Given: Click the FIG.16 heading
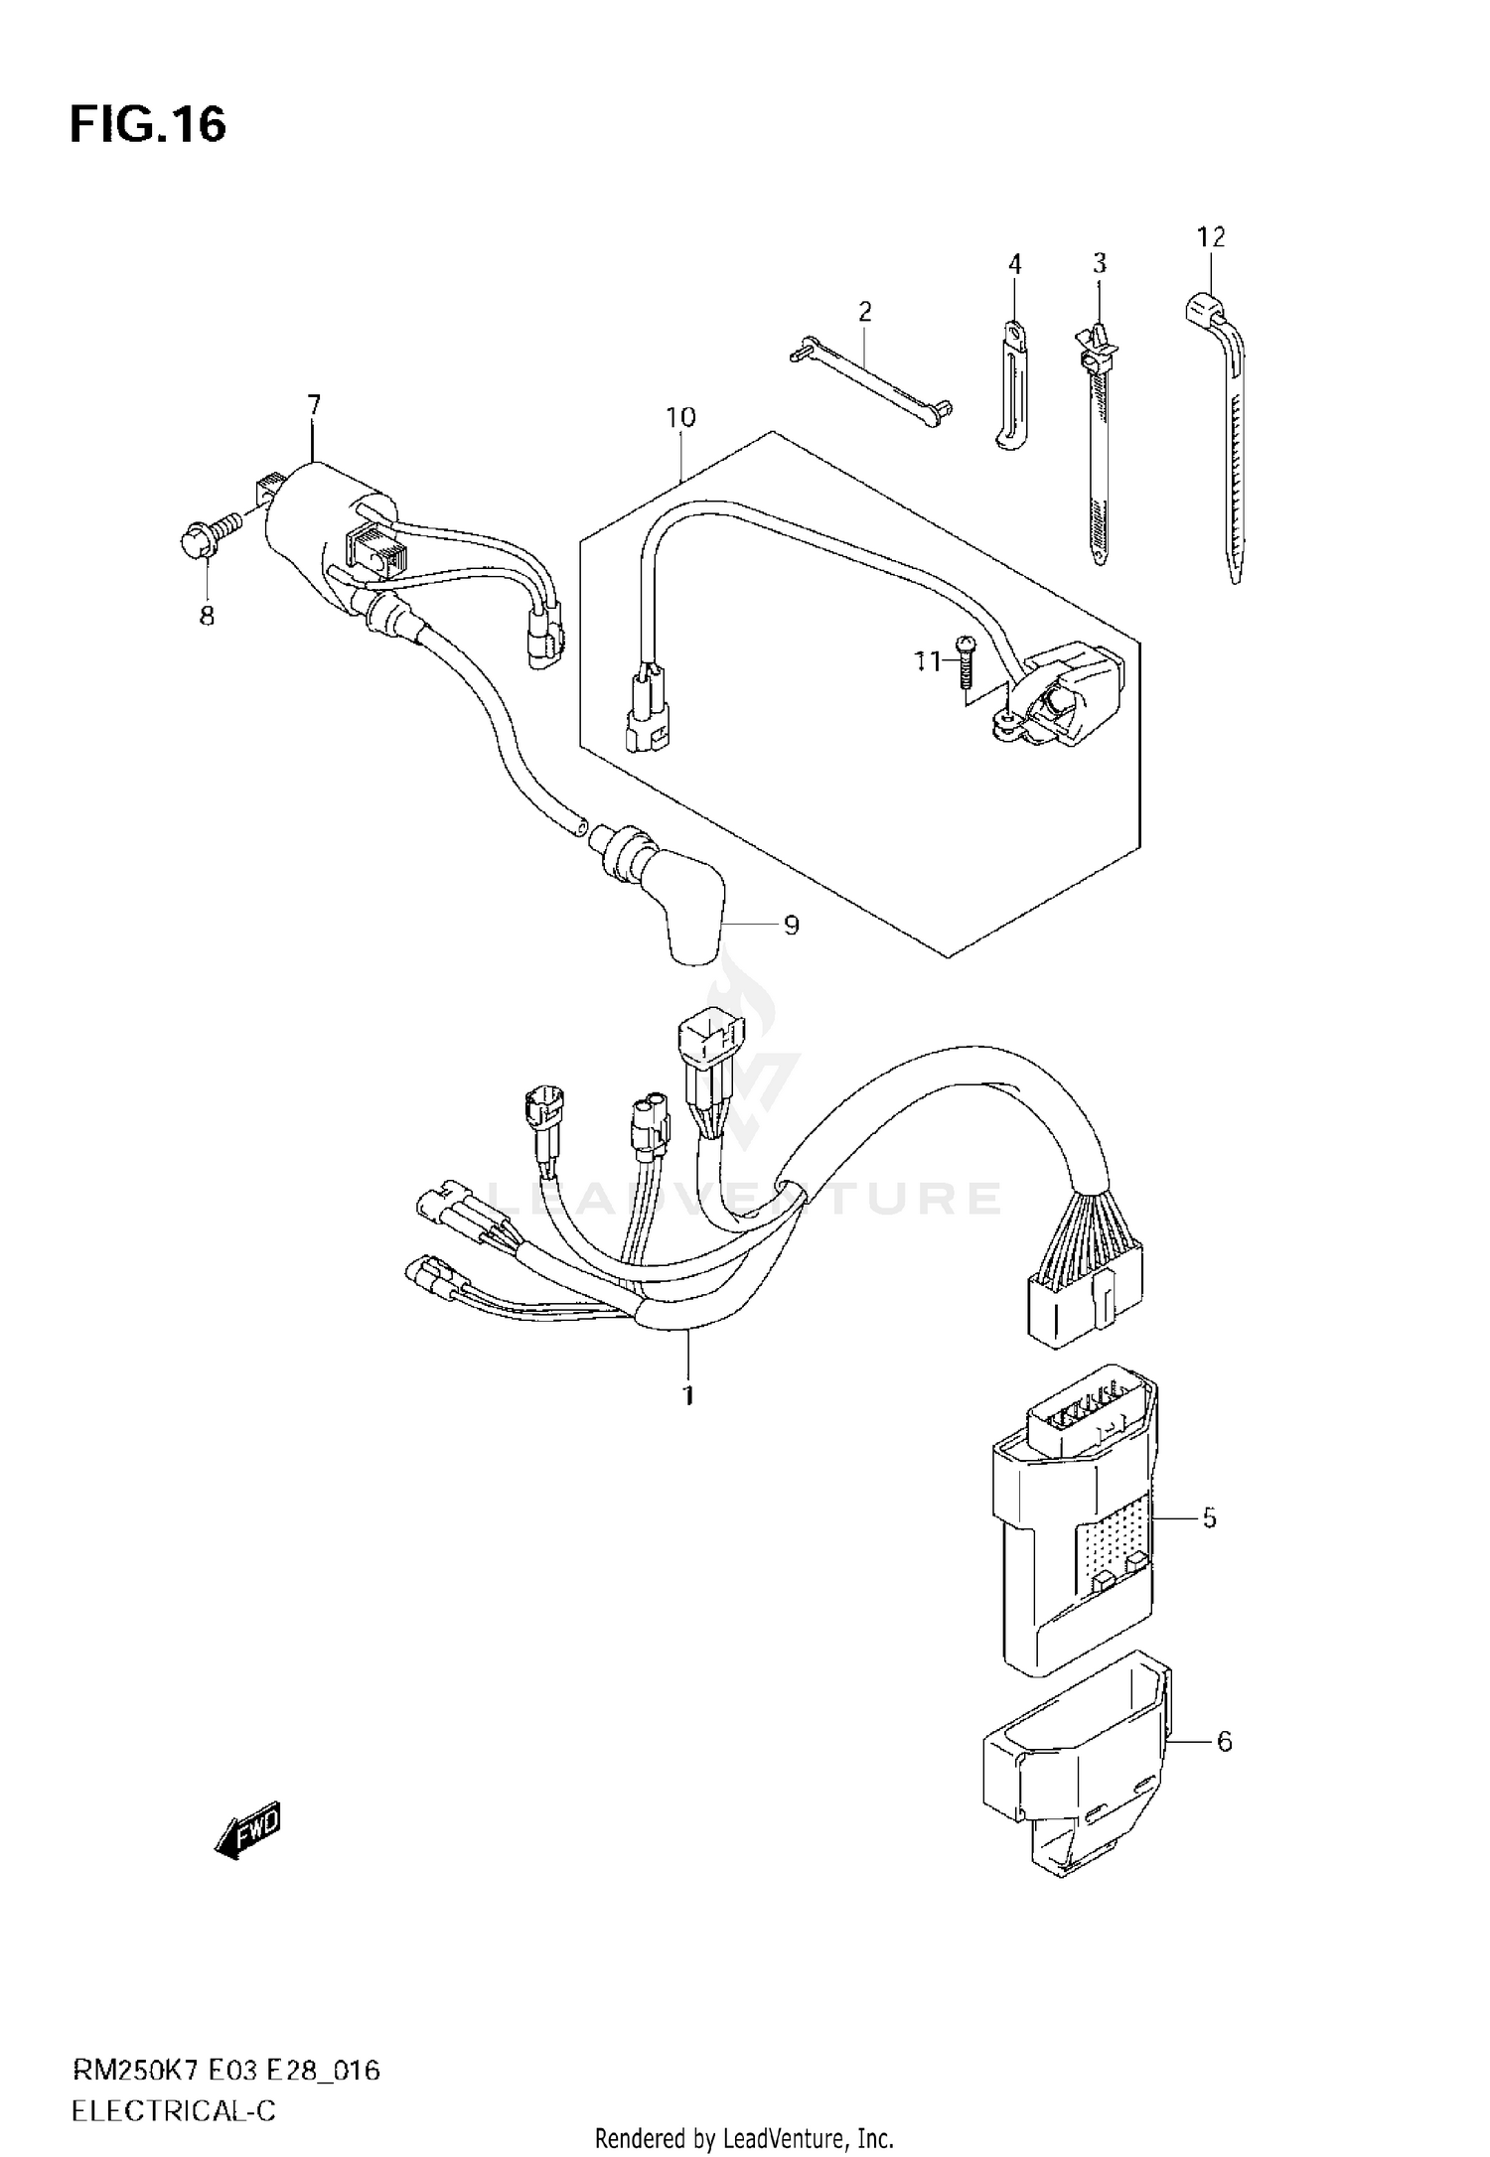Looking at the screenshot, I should pos(148,125).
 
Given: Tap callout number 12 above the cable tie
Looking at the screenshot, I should pos(1211,237).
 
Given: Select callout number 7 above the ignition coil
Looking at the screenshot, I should pos(314,404).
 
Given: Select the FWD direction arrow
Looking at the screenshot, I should pos(249,1829).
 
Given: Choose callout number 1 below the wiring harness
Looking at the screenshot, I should pos(687,1395).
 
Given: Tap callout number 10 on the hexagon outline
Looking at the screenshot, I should pos(680,417).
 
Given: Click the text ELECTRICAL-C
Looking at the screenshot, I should pos(173,2083).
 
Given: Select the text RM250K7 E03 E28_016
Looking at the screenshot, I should pos(225,2042).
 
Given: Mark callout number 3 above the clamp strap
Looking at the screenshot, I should pos(1099,263).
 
